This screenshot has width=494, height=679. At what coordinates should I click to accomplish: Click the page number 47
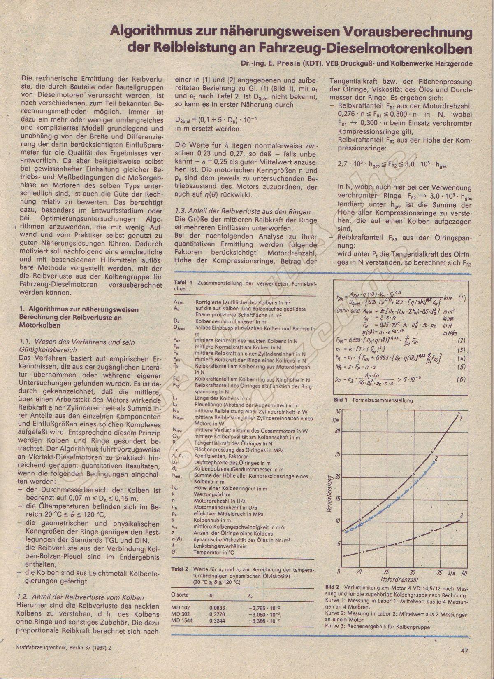point(465,651)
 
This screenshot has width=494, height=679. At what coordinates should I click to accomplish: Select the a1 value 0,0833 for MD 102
point(218,607)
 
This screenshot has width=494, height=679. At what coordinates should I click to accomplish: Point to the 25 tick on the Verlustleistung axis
point(338,454)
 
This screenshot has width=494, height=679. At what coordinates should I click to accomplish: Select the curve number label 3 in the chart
point(462,515)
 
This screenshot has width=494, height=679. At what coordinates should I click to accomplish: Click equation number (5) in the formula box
point(462,367)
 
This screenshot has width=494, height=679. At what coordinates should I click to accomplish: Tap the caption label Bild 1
point(341,400)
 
